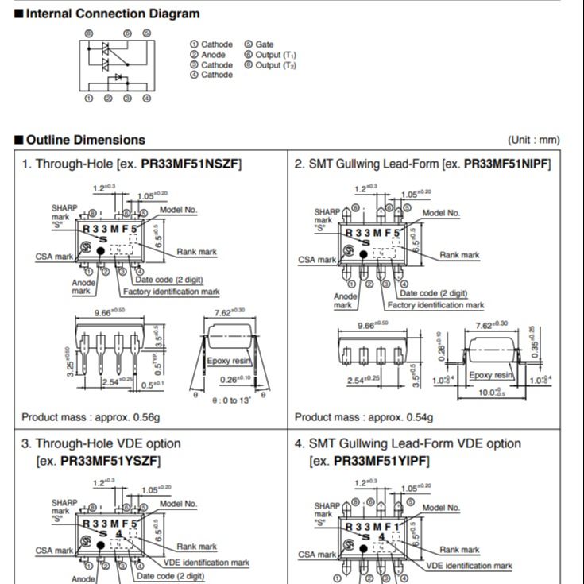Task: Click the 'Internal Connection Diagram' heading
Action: pyautogui.click(x=113, y=14)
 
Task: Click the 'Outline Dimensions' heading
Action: pyautogui.click(x=86, y=140)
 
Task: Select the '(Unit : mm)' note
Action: pyautogui.click(x=534, y=140)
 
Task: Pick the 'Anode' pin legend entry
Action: pyautogui.click(x=213, y=55)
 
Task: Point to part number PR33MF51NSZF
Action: pyautogui.click(x=190, y=164)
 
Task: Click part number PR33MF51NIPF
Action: pyautogui.click(x=507, y=164)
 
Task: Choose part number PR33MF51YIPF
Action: pyautogui.click(x=381, y=461)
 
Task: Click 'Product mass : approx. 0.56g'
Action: pyautogui.click(x=91, y=416)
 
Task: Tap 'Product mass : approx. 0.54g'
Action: pyautogui.click(x=364, y=416)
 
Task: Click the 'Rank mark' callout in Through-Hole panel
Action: pyautogui.click(x=196, y=252)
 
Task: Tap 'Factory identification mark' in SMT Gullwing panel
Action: pyautogui.click(x=435, y=305)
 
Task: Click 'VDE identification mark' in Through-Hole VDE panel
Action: pyautogui.click(x=206, y=562)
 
